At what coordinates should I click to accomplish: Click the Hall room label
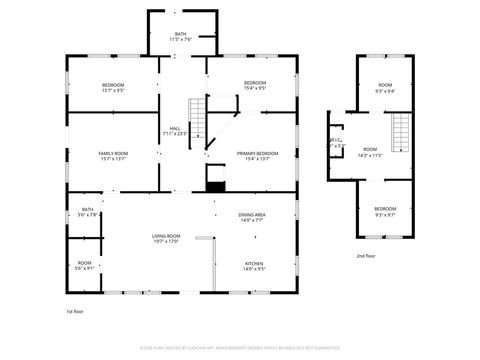click(175, 130)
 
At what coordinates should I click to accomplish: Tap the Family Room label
click(113, 155)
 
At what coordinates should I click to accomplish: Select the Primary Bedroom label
click(257, 155)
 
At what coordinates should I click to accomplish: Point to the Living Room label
click(165, 237)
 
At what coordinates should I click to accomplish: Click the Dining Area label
click(252, 217)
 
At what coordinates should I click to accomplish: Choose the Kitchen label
click(255, 266)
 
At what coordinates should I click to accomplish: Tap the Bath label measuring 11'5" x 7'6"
click(180, 36)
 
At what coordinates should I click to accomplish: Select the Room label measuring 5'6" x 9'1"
click(85, 265)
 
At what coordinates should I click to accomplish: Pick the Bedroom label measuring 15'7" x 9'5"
click(113, 86)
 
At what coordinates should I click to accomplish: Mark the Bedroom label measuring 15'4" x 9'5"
click(255, 85)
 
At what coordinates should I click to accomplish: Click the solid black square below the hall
click(215, 185)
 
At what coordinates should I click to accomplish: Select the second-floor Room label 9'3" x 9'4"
click(385, 88)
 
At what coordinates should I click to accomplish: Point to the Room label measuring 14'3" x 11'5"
click(371, 152)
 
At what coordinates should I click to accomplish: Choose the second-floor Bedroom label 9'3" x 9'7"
click(385, 211)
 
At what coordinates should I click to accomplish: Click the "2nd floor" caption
click(366, 256)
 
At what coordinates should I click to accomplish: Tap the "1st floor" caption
click(76, 312)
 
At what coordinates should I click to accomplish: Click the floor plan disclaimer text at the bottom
click(240, 350)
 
